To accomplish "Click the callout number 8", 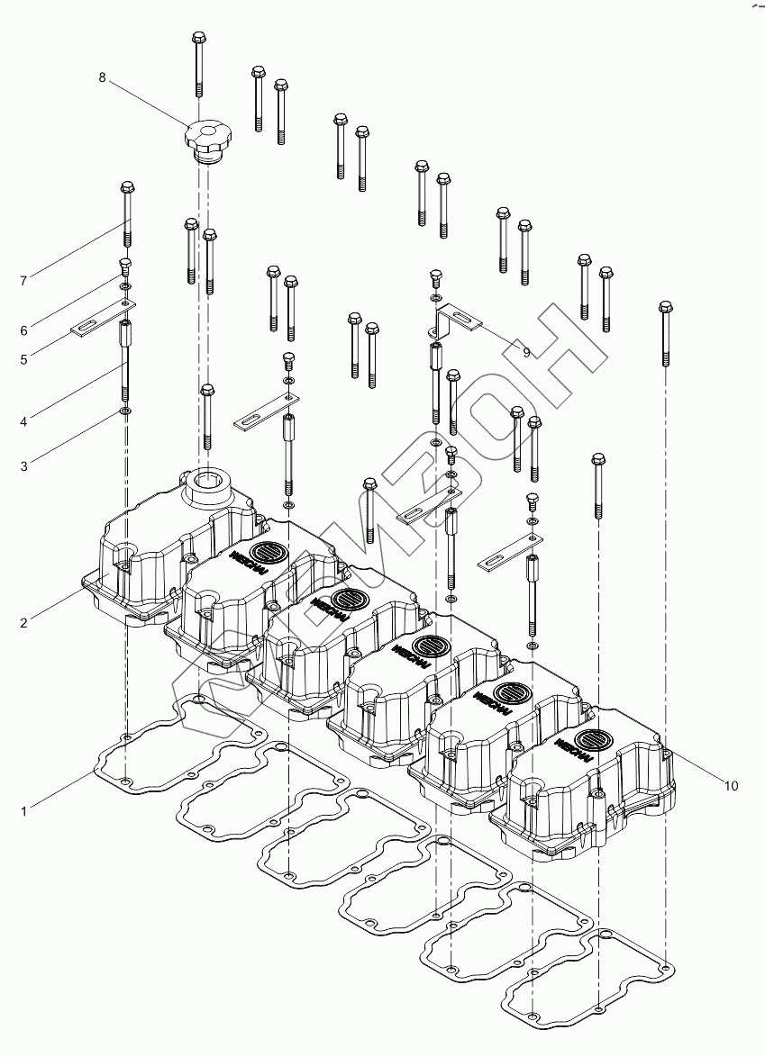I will [x=102, y=77].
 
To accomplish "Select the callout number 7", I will [x=23, y=281].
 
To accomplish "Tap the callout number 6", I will [x=23, y=330].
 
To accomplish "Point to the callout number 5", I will [x=23, y=359].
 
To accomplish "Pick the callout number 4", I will [x=23, y=420].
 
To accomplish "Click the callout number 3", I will [x=23, y=466].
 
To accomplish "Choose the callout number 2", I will [x=23, y=622].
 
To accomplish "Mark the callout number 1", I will [x=23, y=811].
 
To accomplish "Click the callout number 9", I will [x=527, y=353].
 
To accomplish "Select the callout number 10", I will [x=731, y=786].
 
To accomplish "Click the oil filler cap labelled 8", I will [x=208, y=140].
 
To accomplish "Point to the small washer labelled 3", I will [x=125, y=412].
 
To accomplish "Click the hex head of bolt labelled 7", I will [x=126, y=188].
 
